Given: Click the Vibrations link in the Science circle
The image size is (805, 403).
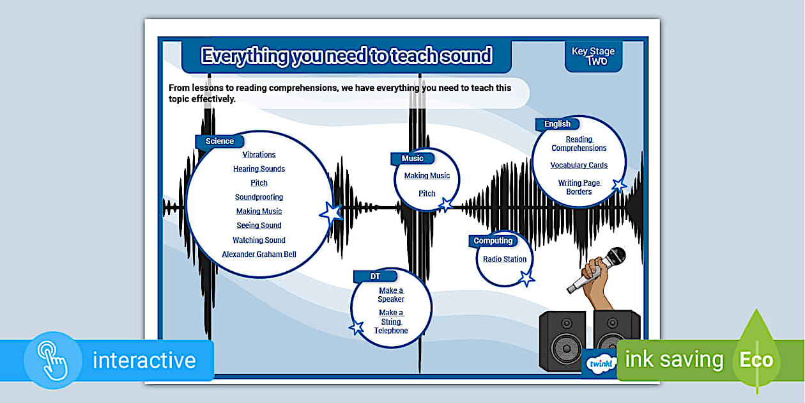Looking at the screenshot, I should click(259, 154).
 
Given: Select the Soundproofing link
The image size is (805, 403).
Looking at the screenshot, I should click(259, 197).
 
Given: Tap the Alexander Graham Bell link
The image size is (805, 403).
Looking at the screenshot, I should click(259, 254).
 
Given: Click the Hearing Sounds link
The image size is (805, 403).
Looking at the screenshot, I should click(259, 169).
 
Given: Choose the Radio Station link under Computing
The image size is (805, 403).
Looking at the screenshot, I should click(505, 259).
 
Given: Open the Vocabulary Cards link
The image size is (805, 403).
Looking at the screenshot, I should click(579, 165).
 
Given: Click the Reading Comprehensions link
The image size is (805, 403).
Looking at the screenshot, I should click(579, 143).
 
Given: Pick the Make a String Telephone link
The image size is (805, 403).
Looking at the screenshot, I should click(391, 322).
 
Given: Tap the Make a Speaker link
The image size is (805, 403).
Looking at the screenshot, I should click(391, 295).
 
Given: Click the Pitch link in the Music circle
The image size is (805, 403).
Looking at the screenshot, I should click(427, 193).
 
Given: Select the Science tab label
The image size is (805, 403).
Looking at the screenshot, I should click(219, 141).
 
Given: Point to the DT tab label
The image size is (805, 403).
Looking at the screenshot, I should click(375, 276).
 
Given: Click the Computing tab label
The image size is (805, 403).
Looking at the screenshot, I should click(493, 241).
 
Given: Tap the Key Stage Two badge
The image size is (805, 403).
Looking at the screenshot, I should click(593, 56).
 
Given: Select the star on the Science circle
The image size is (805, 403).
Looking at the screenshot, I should click(331, 212).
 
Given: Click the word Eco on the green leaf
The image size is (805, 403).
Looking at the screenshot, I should click(756, 360).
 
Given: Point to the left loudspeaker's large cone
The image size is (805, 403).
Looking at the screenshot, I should click(562, 351).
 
